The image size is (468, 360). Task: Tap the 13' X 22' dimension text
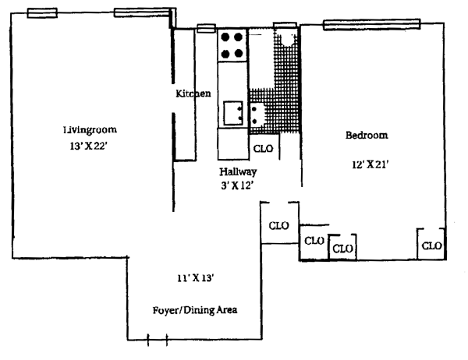pos(87,146)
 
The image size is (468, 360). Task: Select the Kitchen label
pos(193,94)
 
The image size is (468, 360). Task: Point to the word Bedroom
pos(366,135)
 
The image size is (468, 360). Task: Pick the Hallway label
pos(238,171)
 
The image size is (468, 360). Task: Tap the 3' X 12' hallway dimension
pos(238,185)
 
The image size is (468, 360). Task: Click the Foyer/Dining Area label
pos(195,309)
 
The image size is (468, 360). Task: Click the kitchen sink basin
pos(232,114)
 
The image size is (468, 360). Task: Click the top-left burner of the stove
pos(224,37)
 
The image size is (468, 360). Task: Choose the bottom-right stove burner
pos(236,54)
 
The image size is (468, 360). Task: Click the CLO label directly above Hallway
pos(263,148)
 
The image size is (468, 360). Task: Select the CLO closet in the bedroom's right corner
pos(431,246)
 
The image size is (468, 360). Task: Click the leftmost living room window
pos(41,12)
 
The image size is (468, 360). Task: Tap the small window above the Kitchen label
pos(205,29)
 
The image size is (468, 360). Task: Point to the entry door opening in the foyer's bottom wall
pos(158,340)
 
